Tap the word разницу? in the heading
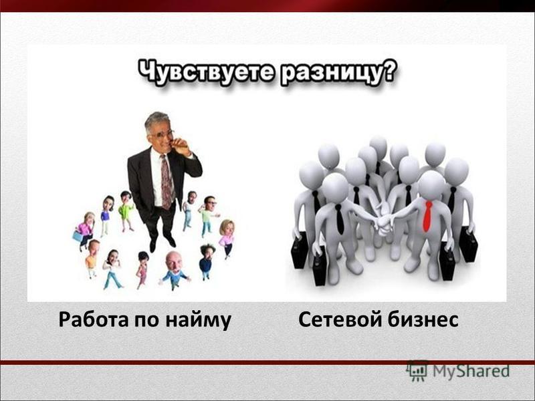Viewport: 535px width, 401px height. coord(338,73)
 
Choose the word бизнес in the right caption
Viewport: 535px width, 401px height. coord(423,320)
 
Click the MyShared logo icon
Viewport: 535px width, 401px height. coord(417,371)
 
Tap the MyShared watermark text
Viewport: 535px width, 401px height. coord(471,371)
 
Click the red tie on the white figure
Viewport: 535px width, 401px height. coord(427,216)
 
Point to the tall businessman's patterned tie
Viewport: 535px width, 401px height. coord(167,182)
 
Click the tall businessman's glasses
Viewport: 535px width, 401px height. coord(161,134)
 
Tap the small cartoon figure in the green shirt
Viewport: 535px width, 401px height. coord(126,211)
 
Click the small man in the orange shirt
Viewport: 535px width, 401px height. coord(92,258)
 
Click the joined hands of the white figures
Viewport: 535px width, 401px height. coord(384,222)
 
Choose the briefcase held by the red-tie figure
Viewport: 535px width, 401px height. coord(447,262)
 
